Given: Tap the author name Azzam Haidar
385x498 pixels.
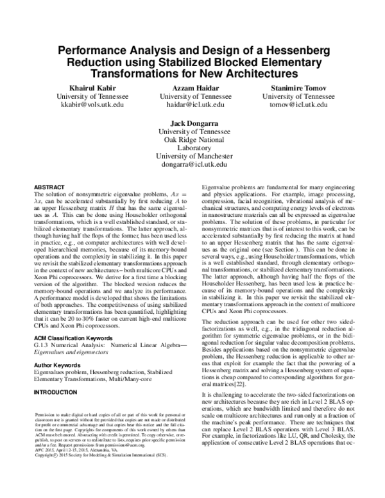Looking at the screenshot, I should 192,87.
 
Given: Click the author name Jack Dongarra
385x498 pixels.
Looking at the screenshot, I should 192,123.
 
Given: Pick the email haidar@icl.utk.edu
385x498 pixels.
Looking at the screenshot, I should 192,105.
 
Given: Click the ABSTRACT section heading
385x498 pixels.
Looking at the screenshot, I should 48,185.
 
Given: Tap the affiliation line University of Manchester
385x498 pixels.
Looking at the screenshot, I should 192,155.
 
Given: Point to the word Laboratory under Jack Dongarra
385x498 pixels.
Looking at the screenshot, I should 192,146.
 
